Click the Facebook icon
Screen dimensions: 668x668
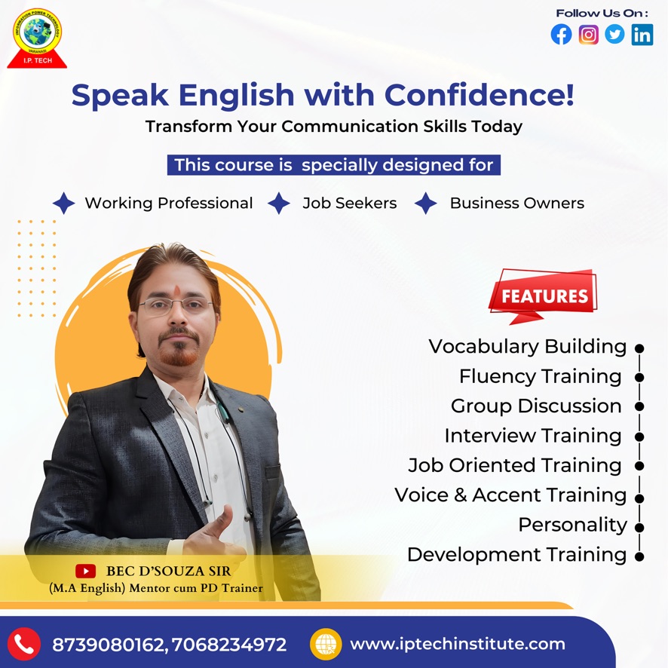click(561, 35)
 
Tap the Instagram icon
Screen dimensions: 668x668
click(588, 35)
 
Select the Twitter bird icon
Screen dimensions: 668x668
click(614, 34)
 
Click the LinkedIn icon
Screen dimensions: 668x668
click(642, 35)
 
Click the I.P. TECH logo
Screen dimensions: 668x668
click(38, 38)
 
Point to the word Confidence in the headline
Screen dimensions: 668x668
click(480, 94)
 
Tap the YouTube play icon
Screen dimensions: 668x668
click(86, 571)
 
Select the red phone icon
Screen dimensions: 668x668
click(24, 644)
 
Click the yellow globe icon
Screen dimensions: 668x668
click(326, 644)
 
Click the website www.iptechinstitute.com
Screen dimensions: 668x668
click(458, 644)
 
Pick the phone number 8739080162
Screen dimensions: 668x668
click(108, 645)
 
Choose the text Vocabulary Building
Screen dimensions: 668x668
click(528, 346)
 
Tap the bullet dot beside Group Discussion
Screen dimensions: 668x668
click(639, 406)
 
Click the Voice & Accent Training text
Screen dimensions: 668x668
click(510, 495)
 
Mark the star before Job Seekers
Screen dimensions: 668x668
click(279, 203)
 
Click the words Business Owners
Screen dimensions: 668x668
click(517, 204)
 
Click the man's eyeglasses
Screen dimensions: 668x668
click(176, 305)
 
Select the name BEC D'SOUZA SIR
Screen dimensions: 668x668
click(168, 571)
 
